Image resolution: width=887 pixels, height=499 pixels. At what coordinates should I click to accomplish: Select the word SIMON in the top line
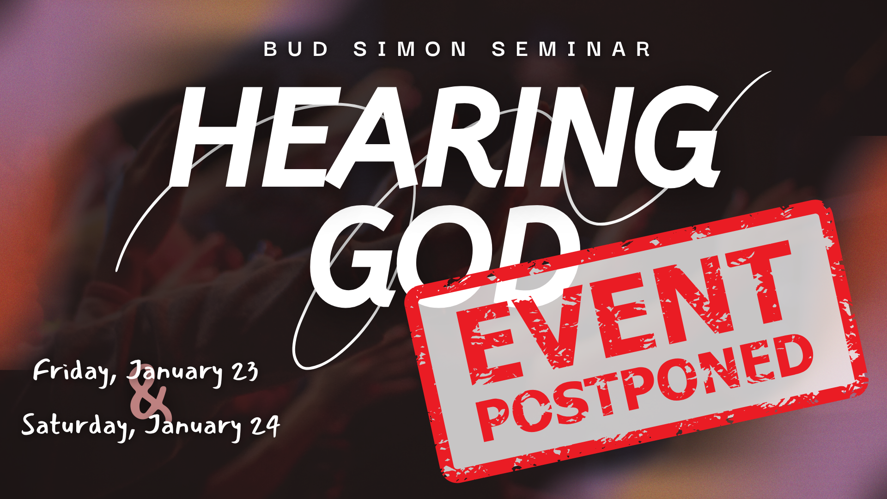(410, 49)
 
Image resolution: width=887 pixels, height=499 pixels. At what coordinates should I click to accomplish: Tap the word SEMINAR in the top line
(571, 49)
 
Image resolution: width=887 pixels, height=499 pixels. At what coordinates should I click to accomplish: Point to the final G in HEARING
(677, 137)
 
